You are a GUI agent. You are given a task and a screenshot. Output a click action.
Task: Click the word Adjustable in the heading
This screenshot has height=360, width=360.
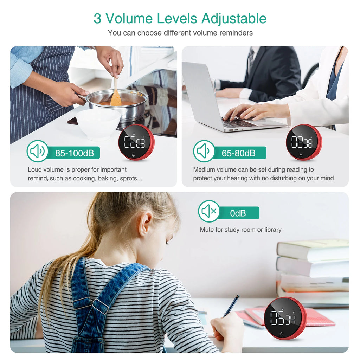(x=234, y=19)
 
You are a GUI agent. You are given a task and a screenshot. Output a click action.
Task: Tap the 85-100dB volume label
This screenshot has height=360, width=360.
(x=75, y=153)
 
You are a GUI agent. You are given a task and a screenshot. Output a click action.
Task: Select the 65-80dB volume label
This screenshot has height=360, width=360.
(x=238, y=153)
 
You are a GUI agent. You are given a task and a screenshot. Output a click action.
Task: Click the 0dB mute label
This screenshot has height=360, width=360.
(x=238, y=213)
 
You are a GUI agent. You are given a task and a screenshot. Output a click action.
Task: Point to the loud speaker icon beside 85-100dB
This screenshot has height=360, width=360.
(x=37, y=151)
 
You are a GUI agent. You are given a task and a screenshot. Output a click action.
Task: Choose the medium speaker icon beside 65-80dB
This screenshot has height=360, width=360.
(x=204, y=151)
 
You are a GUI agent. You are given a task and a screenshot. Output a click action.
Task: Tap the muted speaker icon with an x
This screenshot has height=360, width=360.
(x=209, y=211)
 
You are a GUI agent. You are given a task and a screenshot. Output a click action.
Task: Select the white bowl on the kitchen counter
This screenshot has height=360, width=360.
(x=98, y=124)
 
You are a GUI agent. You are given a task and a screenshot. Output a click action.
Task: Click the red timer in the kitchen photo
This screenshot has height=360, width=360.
(x=136, y=142)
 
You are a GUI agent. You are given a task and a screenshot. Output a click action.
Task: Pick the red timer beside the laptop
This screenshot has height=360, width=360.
(x=304, y=142)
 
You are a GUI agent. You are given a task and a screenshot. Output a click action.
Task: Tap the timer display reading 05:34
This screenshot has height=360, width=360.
(x=283, y=318)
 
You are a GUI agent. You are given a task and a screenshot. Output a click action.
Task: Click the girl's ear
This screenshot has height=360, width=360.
(x=145, y=224)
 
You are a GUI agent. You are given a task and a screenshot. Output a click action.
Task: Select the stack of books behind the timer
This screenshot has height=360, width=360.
(x=313, y=272)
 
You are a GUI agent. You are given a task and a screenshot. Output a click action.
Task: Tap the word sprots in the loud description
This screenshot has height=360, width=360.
(x=131, y=179)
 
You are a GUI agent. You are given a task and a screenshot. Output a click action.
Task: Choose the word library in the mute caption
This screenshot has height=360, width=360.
(x=272, y=230)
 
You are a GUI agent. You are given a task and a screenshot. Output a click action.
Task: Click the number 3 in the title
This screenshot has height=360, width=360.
(x=97, y=19)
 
